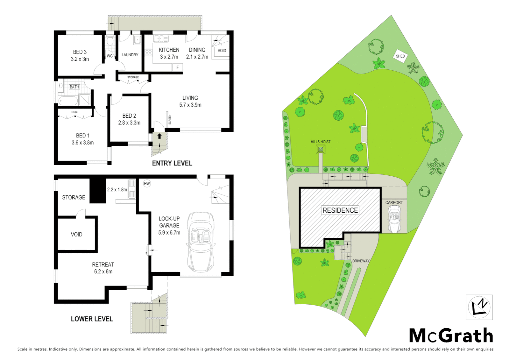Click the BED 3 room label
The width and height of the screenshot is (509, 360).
point(80,52)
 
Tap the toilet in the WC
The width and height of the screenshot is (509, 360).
point(110,41)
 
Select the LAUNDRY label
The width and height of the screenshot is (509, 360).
point(130,55)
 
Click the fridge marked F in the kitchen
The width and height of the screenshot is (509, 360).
point(178,67)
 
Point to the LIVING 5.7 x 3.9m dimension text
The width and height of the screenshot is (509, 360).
point(190,105)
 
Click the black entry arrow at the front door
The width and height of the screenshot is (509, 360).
point(160,136)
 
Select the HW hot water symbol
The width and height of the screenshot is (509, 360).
point(147,183)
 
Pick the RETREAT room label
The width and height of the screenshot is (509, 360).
point(103,265)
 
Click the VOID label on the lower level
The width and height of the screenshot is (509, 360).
point(77,235)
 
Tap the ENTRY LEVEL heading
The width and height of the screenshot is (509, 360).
point(172,163)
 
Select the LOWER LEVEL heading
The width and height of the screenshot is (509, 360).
point(92,319)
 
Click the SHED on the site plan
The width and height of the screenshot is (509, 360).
point(400,56)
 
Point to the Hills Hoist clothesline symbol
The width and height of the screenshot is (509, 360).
point(320,150)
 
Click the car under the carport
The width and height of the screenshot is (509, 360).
point(394,218)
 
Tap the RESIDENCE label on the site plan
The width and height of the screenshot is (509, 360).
point(340,210)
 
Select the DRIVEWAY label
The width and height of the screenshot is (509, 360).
point(361,261)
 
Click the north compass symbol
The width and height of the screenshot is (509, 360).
point(479,307)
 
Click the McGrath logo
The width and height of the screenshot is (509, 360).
point(451,335)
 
